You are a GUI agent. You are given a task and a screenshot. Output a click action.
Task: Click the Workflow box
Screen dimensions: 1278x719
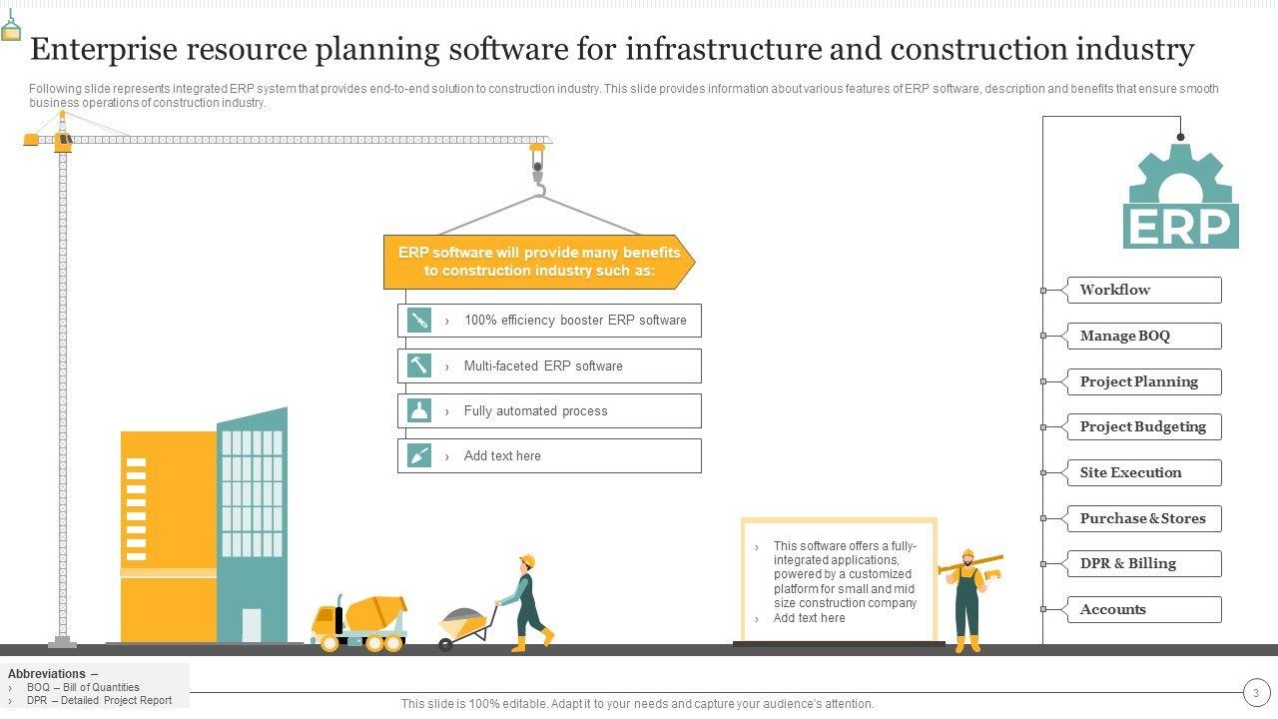[1143, 290]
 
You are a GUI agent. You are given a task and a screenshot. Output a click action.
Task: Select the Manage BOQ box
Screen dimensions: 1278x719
[1143, 336]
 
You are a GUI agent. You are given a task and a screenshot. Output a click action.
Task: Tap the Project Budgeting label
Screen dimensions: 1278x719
[1143, 426]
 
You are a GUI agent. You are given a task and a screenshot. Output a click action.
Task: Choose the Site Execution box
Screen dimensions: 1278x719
[1143, 472]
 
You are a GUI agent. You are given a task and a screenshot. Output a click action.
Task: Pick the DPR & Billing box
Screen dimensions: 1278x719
[1143, 563]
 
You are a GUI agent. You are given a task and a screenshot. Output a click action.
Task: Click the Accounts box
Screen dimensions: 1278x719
[1143, 609]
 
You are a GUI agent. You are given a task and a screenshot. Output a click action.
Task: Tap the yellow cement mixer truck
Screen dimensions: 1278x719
[360, 621]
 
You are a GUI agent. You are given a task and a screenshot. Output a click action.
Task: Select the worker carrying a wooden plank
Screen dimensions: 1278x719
[967, 599]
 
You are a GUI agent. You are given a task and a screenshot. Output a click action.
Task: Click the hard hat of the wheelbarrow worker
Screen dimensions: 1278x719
[527, 560]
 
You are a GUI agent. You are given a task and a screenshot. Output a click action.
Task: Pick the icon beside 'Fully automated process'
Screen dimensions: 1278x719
[419, 410]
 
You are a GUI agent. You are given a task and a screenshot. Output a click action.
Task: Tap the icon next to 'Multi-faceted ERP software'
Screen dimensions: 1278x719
[419, 365]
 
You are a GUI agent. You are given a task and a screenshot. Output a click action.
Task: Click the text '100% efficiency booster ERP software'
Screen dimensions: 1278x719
[575, 321]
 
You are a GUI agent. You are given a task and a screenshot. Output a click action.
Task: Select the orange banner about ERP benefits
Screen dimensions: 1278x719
[539, 262]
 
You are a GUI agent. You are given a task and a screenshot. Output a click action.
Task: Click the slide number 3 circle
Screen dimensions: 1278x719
[1256, 692]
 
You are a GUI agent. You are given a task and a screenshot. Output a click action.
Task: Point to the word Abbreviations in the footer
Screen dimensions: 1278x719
[48, 674]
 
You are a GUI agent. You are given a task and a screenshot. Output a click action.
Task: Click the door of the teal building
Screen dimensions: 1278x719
[252, 625]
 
